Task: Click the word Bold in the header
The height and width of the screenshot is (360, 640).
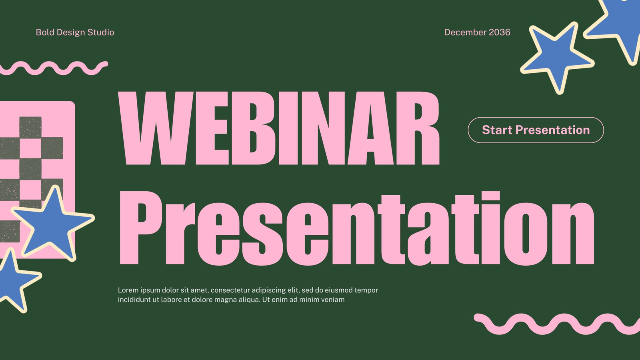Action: pos(45,32)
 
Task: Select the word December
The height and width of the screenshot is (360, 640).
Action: pos(465,32)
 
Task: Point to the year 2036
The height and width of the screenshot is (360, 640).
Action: pos(500,32)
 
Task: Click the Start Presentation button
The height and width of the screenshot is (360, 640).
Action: pos(536,130)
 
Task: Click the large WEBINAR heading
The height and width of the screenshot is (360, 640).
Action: pos(279,128)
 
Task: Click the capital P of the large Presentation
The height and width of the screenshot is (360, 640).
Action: pos(140,228)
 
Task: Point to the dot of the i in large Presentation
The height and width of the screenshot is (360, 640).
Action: pos(491,196)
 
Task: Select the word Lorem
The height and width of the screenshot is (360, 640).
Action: pos(128,290)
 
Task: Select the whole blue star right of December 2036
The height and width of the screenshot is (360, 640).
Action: pos(557,58)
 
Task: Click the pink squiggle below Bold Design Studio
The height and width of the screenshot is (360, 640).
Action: pos(54,68)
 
